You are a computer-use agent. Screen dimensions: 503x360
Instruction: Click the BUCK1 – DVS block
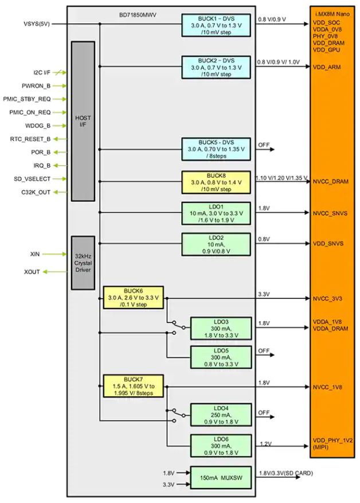point(217,25)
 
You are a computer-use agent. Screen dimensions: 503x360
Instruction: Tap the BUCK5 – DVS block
point(217,150)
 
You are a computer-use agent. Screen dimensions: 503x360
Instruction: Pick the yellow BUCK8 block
point(217,182)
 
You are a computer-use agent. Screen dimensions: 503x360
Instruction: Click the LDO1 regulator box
point(217,213)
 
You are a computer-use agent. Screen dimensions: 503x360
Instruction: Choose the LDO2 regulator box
point(217,244)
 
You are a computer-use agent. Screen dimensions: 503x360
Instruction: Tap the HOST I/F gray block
point(83,121)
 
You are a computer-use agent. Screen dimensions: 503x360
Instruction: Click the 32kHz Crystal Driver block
point(83,262)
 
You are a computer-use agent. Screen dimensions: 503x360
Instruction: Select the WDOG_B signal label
point(37,126)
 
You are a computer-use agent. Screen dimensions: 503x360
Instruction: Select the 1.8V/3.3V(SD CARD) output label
point(286,472)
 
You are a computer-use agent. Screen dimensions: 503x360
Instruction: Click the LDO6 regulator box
point(221,446)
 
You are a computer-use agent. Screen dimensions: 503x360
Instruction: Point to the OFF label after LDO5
point(264,350)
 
